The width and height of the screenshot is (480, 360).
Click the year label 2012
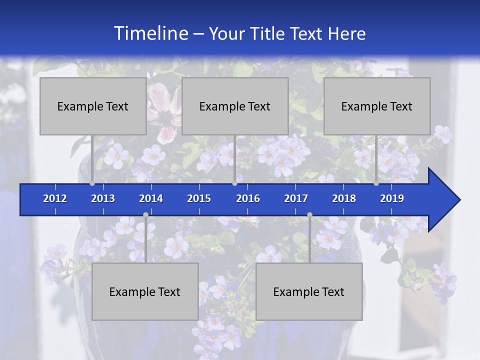click(55, 198)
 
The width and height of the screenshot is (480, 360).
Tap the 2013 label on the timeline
click(103, 198)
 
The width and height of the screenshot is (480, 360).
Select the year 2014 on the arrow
click(151, 198)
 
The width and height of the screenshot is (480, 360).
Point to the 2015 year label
click(199, 198)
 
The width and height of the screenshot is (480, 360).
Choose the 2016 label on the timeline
click(248, 198)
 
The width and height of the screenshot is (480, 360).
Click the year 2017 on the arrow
click(296, 198)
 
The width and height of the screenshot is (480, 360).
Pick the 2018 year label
click(344, 198)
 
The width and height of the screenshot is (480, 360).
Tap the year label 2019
click(392, 198)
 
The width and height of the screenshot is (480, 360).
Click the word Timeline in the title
click(150, 33)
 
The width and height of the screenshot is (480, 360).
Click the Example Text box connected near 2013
click(93, 106)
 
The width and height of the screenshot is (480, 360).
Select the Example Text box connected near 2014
click(145, 291)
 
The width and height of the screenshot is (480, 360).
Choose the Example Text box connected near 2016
click(235, 106)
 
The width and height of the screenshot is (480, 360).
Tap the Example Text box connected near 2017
click(309, 291)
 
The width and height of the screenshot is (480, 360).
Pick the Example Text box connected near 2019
click(377, 106)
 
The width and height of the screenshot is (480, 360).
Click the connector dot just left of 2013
click(92, 183)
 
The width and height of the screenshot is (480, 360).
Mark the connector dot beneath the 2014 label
click(145, 215)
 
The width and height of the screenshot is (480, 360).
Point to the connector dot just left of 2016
click(234, 183)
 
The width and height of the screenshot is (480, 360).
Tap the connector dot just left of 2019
click(376, 183)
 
